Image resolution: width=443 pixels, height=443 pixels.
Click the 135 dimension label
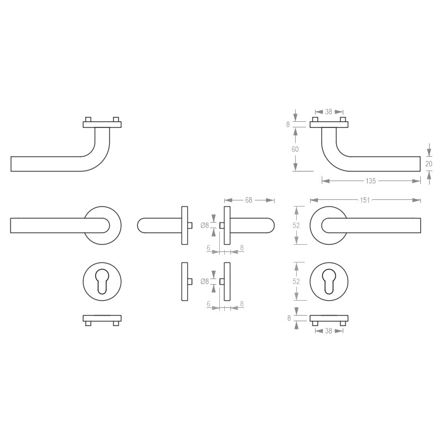coord(370,181)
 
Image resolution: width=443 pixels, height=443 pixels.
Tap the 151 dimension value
coord(365,200)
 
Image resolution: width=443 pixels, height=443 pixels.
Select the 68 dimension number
coord(248,200)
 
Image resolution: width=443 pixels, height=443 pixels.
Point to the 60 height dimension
coord(295,149)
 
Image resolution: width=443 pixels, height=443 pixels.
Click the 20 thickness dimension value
coord(429,163)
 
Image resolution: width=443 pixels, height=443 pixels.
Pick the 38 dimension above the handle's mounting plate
coord(328,112)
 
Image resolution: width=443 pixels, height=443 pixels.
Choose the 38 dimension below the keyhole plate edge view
coord(328,331)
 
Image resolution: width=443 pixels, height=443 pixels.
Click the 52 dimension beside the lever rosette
coord(296,225)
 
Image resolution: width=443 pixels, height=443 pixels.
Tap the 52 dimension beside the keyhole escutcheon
coord(296,281)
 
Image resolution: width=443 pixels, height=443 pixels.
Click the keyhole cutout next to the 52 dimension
coord(329,281)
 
